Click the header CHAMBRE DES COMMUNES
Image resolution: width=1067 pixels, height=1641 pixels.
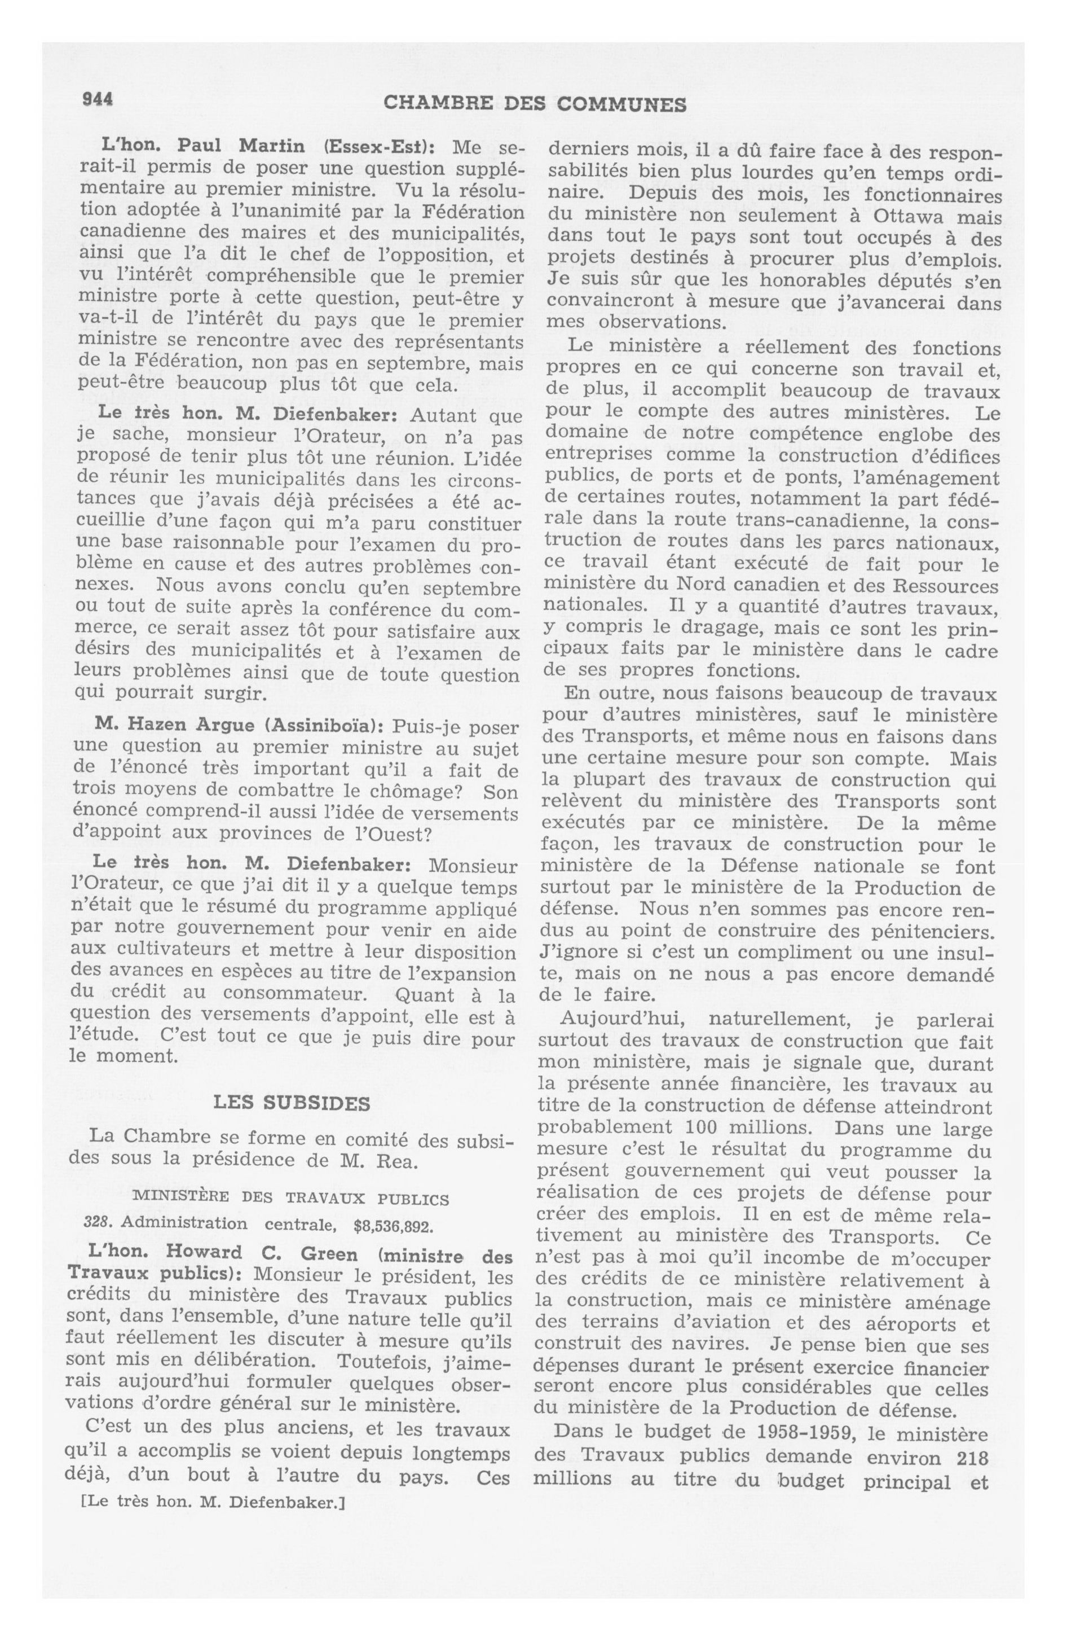[x=534, y=104]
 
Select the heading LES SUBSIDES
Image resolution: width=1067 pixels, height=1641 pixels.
[x=292, y=1103]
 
